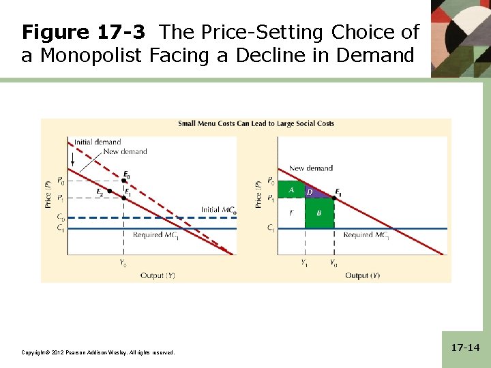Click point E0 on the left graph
pyautogui.click(x=123, y=181)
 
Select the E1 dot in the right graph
pyautogui.click(x=333, y=197)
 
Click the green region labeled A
pyautogui.click(x=291, y=189)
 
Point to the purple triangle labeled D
pyautogui.click(x=310, y=192)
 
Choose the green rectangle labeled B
pyautogui.click(x=318, y=213)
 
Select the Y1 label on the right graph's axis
pyautogui.click(x=305, y=262)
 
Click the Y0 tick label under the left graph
pyautogui.click(x=123, y=262)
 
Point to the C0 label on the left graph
pyautogui.click(x=61, y=218)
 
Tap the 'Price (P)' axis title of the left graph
pyautogui.click(x=48, y=194)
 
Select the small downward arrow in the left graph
pyautogui.click(x=74, y=160)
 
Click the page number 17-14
pyautogui.click(x=466, y=348)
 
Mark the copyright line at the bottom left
pyautogui.click(x=98, y=352)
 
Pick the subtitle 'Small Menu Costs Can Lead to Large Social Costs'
pyautogui.click(x=256, y=124)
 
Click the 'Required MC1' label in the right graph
pyautogui.click(x=366, y=235)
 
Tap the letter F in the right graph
pyautogui.click(x=291, y=213)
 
